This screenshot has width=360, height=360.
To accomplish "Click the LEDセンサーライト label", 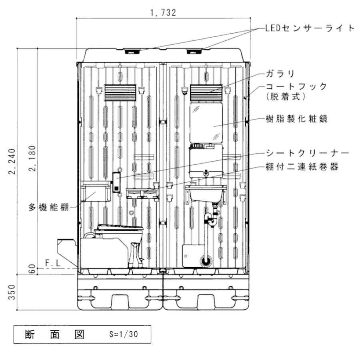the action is [x=309, y=28].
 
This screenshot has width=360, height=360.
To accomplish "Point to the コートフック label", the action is [x=296, y=86].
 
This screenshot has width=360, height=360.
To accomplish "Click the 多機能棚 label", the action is [x=48, y=207].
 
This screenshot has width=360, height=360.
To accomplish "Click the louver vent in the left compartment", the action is [x=120, y=93].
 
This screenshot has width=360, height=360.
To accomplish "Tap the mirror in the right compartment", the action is [x=206, y=122].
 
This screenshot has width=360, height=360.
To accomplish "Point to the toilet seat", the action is [x=120, y=228].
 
